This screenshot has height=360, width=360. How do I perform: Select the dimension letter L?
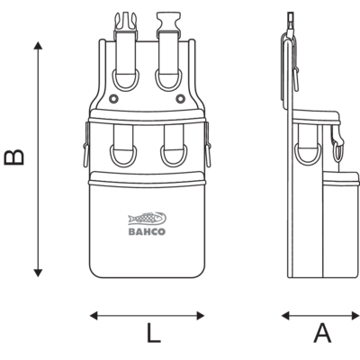(x=154, y=333)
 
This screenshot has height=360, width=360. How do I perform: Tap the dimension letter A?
(x=322, y=333)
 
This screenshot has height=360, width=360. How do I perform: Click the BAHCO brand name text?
(x=147, y=231)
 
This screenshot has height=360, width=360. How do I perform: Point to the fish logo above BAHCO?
(x=147, y=219)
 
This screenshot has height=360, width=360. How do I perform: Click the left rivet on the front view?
(x=113, y=98)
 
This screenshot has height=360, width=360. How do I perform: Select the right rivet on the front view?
(x=180, y=98)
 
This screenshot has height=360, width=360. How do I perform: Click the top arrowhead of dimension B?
(x=38, y=46)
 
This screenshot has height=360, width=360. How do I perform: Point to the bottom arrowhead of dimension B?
(x=38, y=273)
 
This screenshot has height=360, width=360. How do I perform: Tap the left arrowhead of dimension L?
(x=94, y=316)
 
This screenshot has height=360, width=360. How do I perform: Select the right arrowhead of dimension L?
(x=201, y=316)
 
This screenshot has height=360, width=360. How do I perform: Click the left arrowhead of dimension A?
(x=285, y=316)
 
